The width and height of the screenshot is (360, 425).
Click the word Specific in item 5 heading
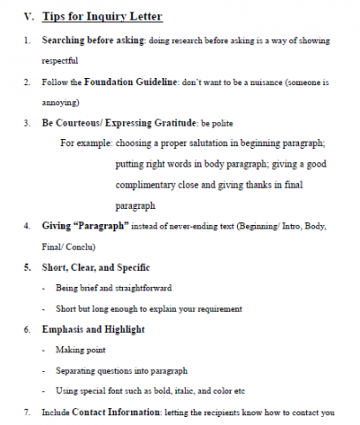pos(133,267)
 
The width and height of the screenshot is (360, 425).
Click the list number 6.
pos(27,329)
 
